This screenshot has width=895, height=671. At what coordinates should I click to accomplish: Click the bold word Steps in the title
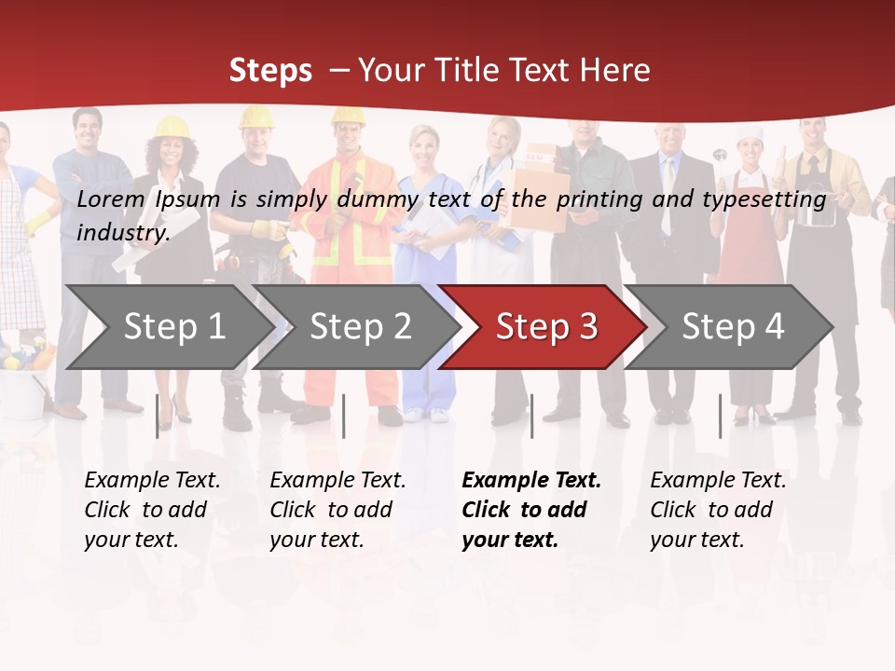tap(270, 71)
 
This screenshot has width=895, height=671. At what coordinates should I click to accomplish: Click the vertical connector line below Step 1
tap(158, 416)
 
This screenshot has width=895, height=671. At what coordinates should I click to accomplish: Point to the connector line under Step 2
tap(344, 416)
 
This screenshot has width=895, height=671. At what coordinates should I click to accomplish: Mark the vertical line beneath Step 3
tap(531, 416)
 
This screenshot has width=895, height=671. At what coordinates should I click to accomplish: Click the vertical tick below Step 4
tap(720, 416)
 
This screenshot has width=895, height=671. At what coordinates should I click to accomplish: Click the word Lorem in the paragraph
tap(111, 199)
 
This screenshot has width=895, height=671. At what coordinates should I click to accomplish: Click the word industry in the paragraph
tap(122, 233)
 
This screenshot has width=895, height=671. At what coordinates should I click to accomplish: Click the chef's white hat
tap(750, 135)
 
